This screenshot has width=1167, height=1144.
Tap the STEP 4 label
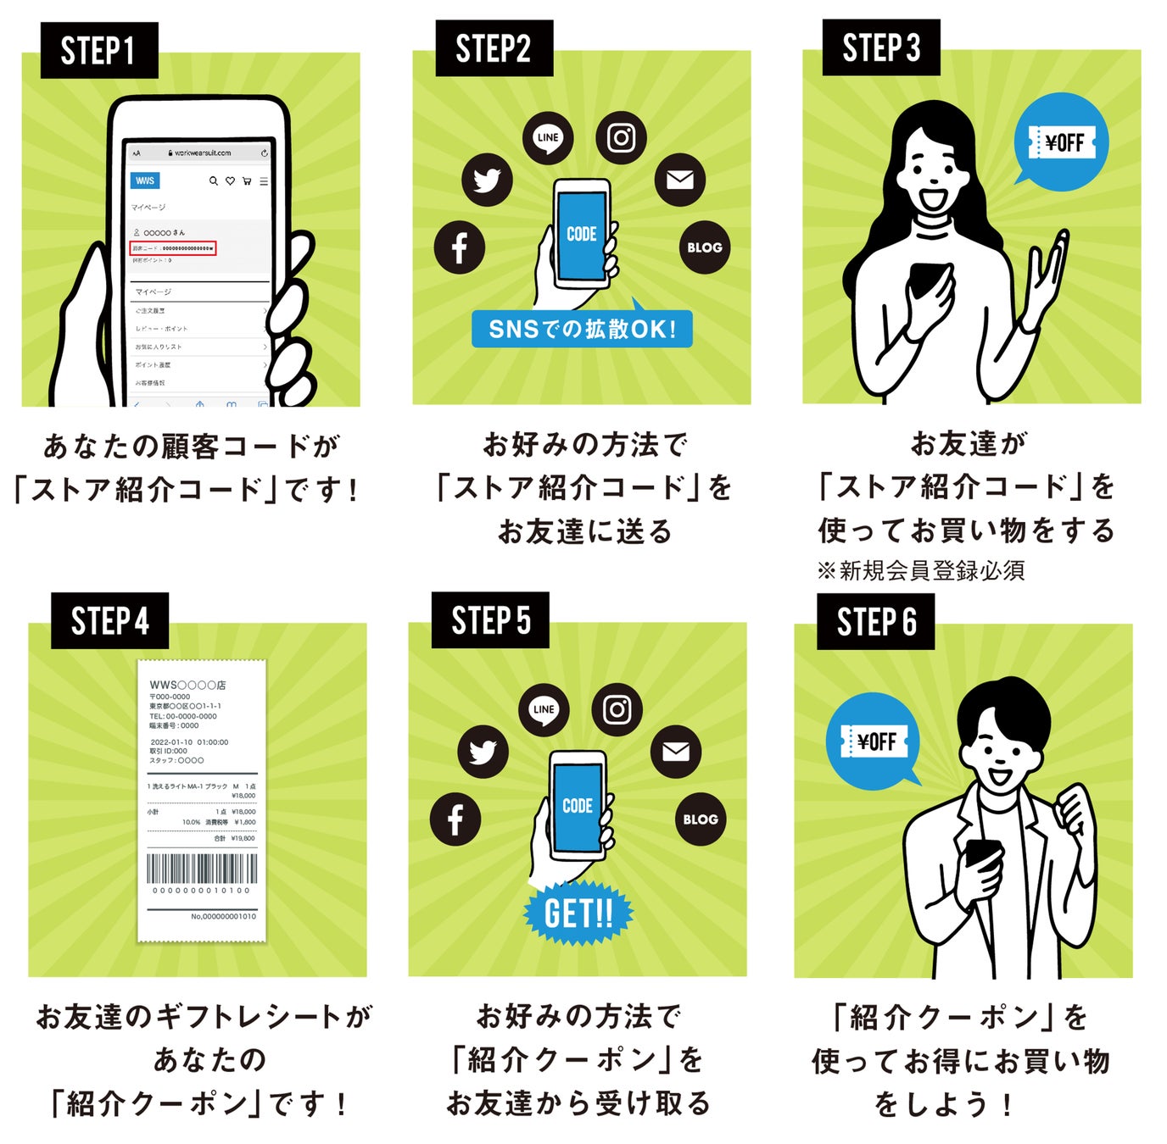(x=109, y=621)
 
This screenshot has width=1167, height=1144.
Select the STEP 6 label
(x=876, y=622)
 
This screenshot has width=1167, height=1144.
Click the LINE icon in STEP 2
(x=548, y=138)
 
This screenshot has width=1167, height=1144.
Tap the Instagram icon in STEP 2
(x=621, y=137)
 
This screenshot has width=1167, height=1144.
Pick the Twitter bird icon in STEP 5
(x=483, y=752)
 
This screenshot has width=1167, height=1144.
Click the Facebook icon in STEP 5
(x=455, y=819)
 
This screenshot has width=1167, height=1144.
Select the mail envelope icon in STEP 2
(x=679, y=180)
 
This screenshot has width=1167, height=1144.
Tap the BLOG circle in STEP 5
(x=701, y=819)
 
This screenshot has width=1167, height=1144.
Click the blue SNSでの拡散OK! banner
(x=582, y=329)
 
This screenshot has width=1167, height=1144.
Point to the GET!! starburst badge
(x=578, y=914)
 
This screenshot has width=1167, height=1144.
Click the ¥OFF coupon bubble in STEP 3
(x=1062, y=142)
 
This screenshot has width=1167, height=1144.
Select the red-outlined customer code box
(x=174, y=248)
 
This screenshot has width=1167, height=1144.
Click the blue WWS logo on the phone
(x=145, y=180)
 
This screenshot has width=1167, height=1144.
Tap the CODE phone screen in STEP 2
(x=582, y=234)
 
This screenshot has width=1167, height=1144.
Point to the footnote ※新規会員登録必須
(x=921, y=570)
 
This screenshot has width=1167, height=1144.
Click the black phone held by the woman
(x=927, y=277)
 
